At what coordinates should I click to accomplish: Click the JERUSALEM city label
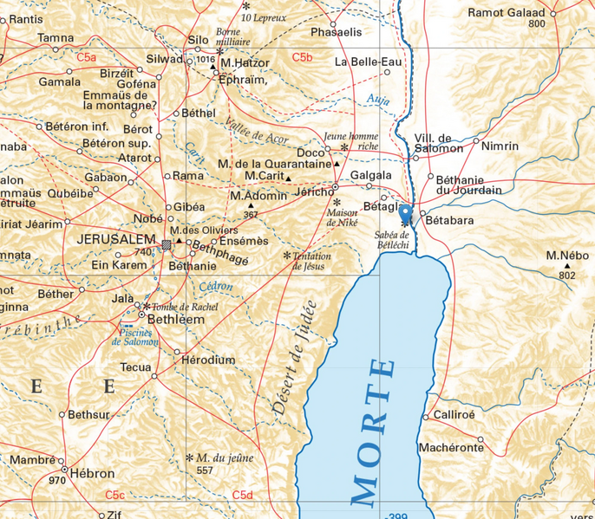click(117, 239)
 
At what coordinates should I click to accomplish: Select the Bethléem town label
click(176, 320)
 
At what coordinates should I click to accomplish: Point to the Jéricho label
click(314, 191)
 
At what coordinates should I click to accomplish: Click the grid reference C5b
click(302, 57)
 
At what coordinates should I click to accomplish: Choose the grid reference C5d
click(242, 495)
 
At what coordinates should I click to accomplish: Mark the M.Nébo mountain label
click(568, 256)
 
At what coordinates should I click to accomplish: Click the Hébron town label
click(92, 474)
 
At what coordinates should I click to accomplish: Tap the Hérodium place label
click(208, 360)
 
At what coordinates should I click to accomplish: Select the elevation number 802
click(567, 276)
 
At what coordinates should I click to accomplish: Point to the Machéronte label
click(450, 448)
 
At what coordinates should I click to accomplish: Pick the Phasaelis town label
click(336, 32)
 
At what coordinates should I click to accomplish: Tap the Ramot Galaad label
click(507, 12)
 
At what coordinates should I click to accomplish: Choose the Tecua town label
click(135, 367)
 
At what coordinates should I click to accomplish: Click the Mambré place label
click(32, 459)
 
